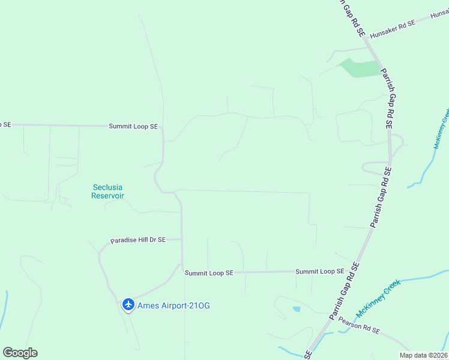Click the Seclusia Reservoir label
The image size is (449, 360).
[x=107, y=191]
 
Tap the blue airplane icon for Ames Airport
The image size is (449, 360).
[x=128, y=305]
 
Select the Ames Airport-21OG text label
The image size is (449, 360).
[x=174, y=305]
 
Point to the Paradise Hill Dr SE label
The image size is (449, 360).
[x=137, y=240]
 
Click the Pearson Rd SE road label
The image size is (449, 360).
[x=359, y=326]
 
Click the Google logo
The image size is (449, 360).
[x=20, y=353]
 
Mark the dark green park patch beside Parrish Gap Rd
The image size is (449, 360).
[x=360, y=68]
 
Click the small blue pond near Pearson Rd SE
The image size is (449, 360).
[x=297, y=310]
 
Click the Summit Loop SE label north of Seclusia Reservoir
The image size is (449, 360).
[x=133, y=127]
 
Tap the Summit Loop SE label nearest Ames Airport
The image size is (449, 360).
[x=209, y=273]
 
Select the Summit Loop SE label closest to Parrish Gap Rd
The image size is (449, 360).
[x=319, y=272]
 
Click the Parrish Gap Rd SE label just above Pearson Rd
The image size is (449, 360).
[x=344, y=290]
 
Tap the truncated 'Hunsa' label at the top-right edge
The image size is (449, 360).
[x=439, y=14]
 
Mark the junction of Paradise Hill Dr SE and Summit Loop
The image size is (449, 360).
[x=182, y=239]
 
